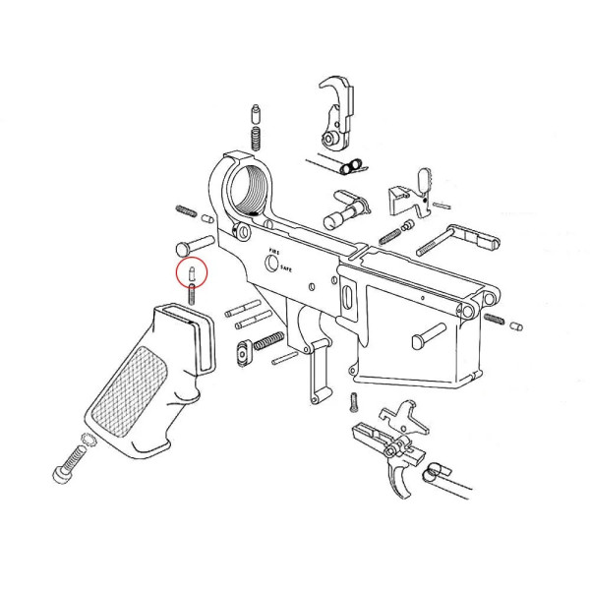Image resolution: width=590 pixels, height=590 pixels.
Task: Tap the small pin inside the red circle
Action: coord(192,269)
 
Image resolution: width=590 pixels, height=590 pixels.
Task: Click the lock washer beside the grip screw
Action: coord(85,442)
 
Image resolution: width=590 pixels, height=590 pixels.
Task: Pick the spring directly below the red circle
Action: coord(193,290)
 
